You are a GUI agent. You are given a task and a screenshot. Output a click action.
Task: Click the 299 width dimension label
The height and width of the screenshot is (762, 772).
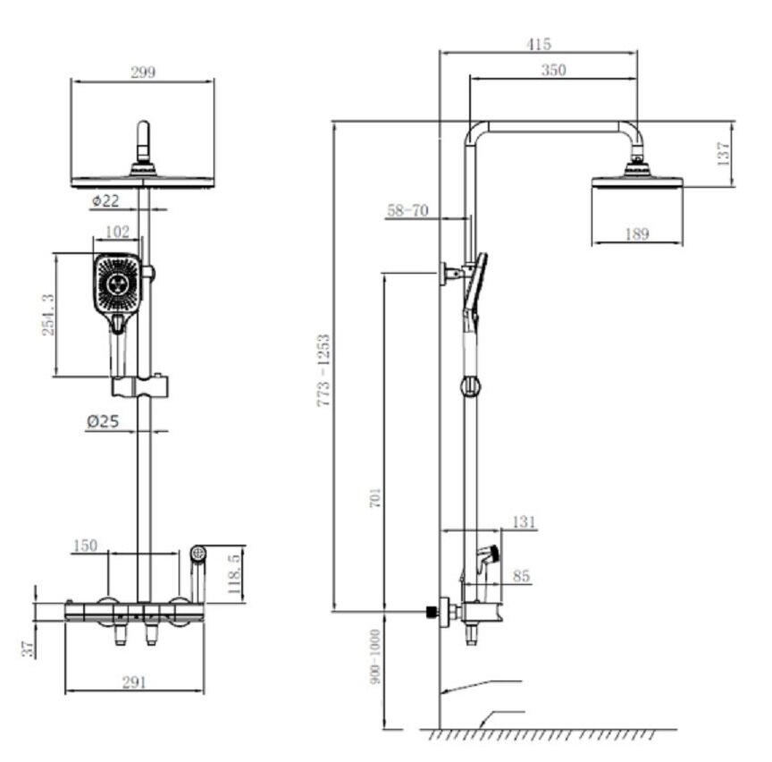[x=143, y=72]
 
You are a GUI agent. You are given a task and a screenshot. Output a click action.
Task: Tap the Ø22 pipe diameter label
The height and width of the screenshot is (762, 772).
[x=105, y=200]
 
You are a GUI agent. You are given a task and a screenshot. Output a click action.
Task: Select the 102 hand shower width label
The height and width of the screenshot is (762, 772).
[x=118, y=231]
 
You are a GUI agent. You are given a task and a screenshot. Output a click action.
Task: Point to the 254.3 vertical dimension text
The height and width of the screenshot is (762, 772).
[x=48, y=315]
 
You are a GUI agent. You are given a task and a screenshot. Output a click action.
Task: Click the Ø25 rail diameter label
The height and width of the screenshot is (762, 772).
[x=103, y=421]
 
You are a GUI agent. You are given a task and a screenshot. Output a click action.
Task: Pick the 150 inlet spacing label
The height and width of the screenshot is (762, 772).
[x=85, y=546]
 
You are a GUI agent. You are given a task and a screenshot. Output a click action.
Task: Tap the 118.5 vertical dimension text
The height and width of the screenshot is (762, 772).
[x=234, y=574]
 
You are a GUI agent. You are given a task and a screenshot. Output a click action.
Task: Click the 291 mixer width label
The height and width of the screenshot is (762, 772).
[x=134, y=682]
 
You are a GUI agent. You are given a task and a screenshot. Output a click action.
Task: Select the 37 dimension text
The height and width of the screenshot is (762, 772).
[x=29, y=649]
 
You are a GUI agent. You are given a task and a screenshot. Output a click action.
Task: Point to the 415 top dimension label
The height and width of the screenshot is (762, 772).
[x=539, y=45]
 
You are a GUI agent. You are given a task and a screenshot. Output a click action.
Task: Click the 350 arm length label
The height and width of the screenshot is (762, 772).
[x=553, y=70]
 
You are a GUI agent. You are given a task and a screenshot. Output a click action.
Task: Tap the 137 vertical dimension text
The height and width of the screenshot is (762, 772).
[x=723, y=154]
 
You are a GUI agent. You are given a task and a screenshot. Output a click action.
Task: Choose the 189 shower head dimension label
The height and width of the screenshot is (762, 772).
[x=637, y=233]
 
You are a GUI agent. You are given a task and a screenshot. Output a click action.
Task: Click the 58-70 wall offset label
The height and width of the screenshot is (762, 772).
[x=407, y=210]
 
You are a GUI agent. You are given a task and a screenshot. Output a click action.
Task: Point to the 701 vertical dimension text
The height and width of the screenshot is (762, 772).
[x=375, y=498]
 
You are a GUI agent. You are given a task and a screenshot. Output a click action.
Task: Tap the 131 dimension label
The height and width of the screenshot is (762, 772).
[x=524, y=522]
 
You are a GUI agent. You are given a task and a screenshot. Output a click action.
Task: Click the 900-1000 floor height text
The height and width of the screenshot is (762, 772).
[x=375, y=656]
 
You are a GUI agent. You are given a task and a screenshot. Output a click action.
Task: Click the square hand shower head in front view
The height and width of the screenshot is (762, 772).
[x=118, y=284]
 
